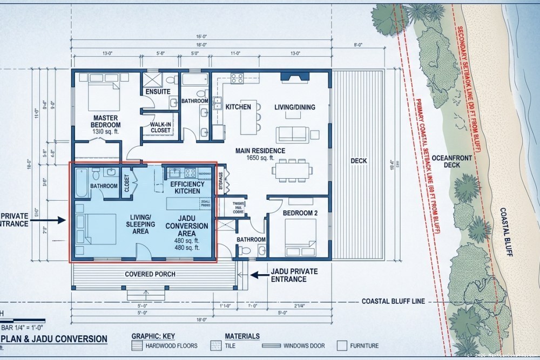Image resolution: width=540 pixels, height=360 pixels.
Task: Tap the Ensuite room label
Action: pos(158,92)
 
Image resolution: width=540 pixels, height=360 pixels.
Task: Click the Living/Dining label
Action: pos(294,107)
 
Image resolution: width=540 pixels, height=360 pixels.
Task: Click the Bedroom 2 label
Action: pos(300,214)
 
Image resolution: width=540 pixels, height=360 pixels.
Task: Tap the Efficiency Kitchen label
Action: pos(187,187)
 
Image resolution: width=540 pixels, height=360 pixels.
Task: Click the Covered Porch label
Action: pos(150,274)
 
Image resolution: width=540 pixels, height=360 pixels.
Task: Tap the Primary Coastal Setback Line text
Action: pos(428,167)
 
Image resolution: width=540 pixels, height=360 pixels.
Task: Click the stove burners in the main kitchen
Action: pos(237,79)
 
